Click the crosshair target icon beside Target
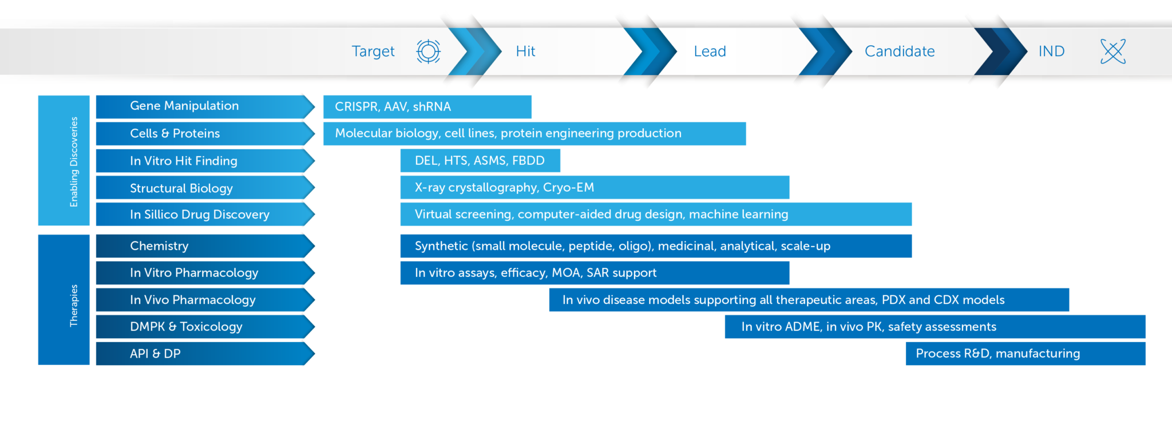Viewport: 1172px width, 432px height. [428, 51]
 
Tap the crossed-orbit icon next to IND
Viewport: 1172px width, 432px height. [1113, 51]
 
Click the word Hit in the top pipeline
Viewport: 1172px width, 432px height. [525, 51]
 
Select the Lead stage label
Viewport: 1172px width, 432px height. [710, 51]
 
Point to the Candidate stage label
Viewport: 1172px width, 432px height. [900, 51]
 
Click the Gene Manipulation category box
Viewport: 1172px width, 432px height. [205, 106]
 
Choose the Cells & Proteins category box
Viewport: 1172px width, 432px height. [205, 133]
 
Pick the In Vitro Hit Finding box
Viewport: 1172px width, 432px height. [205, 161]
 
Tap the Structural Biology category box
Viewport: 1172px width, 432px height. [205, 188]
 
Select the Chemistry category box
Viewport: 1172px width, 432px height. [205, 246]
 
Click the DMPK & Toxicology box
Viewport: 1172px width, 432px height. [205, 327]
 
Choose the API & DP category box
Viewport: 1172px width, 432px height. [205, 354]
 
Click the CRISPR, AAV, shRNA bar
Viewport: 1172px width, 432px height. [427, 107]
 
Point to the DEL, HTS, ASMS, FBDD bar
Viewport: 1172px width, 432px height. [480, 161]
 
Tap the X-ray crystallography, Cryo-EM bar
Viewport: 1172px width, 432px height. [595, 188]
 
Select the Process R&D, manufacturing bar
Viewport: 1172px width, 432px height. [1025, 354]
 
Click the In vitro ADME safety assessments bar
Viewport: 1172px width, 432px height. [935, 327]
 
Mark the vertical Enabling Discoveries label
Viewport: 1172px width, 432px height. [74, 161]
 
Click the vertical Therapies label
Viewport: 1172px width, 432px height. [74, 306]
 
